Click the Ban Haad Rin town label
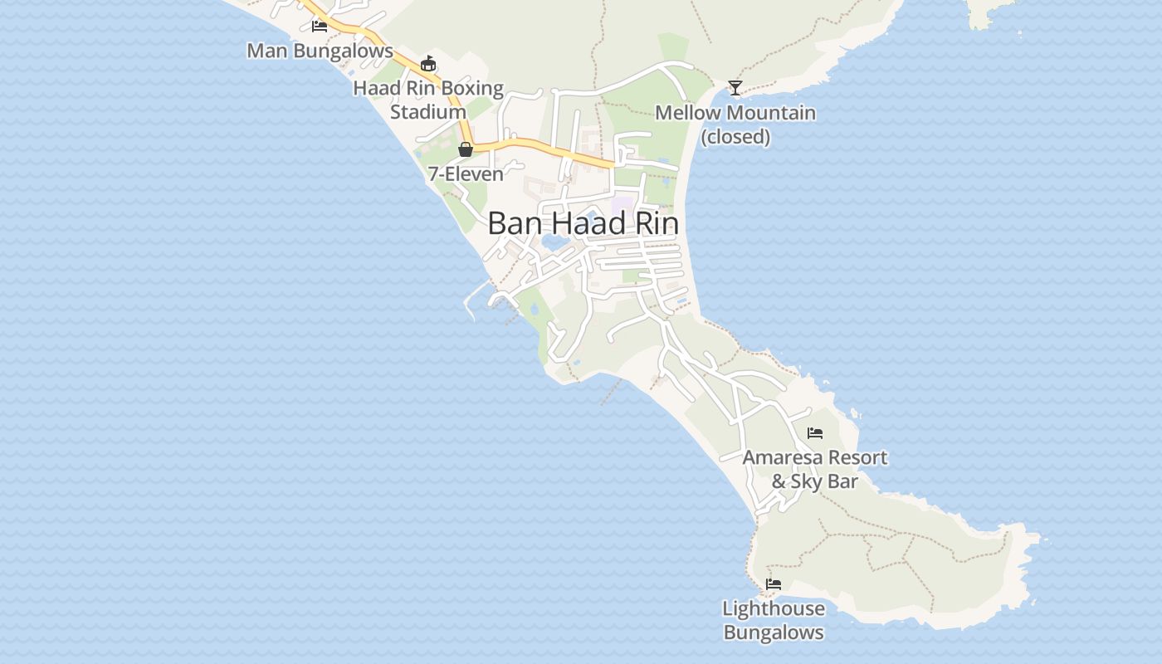pyautogui.click(x=583, y=223)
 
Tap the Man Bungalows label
pyautogui.click(x=320, y=51)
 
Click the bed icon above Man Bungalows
pyautogui.click(x=320, y=27)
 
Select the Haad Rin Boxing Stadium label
pyautogui.click(x=428, y=100)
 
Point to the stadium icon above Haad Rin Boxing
pyautogui.click(x=428, y=63)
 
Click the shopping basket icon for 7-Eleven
pyautogui.click(x=466, y=149)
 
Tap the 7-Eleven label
pyautogui.click(x=466, y=174)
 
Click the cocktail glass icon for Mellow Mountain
pyautogui.click(x=735, y=87)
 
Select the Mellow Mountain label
pyautogui.click(x=735, y=113)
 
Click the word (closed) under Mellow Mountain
pyautogui.click(x=735, y=137)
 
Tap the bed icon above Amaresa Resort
pyautogui.click(x=815, y=432)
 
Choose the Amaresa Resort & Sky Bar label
pyautogui.click(x=815, y=469)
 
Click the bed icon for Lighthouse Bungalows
pyautogui.click(x=774, y=584)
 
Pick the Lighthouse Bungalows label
pyautogui.click(x=774, y=620)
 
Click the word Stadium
pyautogui.click(x=428, y=112)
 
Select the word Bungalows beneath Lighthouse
pyautogui.click(x=774, y=632)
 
